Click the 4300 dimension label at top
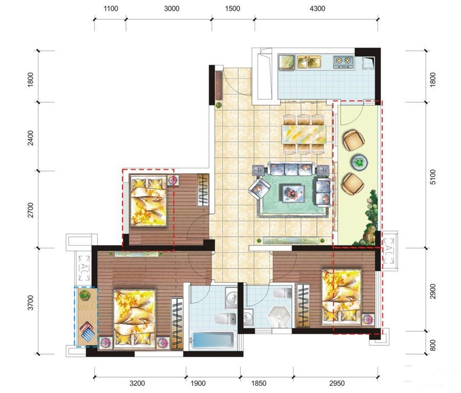(317, 9)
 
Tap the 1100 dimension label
(111, 9)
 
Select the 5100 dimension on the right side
(433, 177)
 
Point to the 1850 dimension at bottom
(259, 383)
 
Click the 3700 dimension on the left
(30, 302)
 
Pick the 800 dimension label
(433, 345)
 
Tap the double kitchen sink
(309, 62)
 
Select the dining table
(304, 134)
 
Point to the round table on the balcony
(359, 162)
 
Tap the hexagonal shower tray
(279, 317)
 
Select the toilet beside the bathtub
(225, 319)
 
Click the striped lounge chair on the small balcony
(87, 331)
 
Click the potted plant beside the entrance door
(219, 105)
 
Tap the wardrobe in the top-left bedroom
(202, 190)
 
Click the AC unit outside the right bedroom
(389, 251)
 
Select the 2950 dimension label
(337, 383)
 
